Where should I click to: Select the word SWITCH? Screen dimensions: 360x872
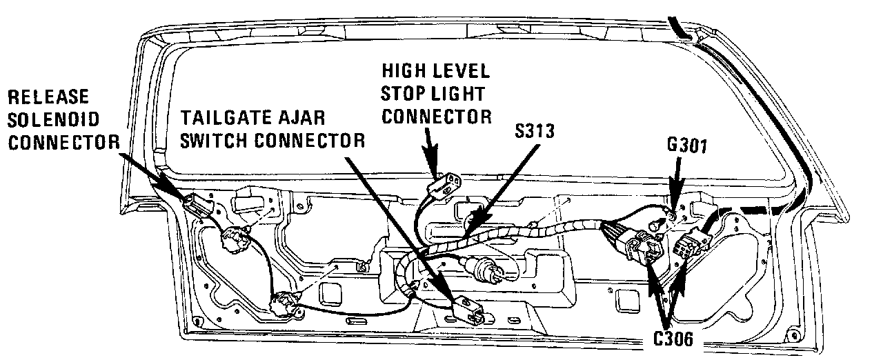pyautogui.click(x=210, y=140)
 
